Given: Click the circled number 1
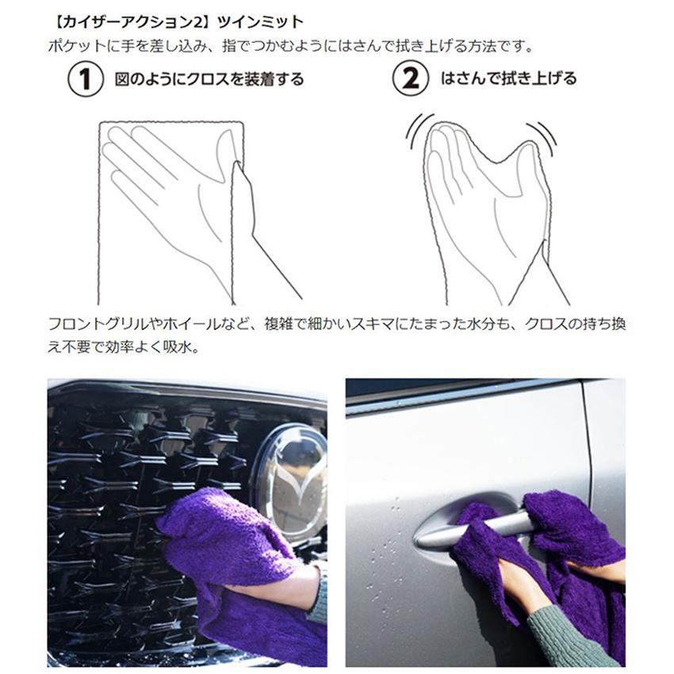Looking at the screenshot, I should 86,79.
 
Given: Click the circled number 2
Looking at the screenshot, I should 412,79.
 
